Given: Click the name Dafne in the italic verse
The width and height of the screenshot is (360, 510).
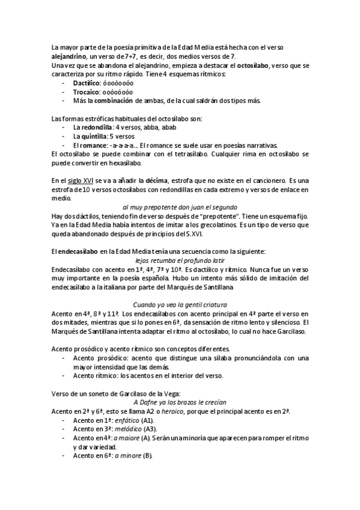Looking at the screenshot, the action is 148,402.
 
